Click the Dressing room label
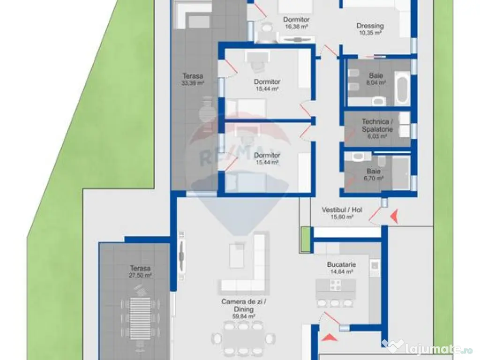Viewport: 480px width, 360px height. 370,26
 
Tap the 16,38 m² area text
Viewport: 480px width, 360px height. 296,27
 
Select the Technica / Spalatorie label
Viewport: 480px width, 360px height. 377,125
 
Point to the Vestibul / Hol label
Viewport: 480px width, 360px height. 342,210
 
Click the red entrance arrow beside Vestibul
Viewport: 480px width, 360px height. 394,216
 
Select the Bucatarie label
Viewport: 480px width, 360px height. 341,264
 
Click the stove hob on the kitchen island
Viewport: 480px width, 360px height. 335,285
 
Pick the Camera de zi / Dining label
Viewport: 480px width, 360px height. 244,305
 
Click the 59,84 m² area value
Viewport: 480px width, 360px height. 244,316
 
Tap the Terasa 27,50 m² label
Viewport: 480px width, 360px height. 140,271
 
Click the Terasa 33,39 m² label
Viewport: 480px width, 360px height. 193,79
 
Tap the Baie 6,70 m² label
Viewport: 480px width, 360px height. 374,174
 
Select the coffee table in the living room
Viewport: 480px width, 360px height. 237,255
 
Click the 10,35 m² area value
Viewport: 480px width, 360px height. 370,33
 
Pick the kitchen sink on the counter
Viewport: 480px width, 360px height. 375,266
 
